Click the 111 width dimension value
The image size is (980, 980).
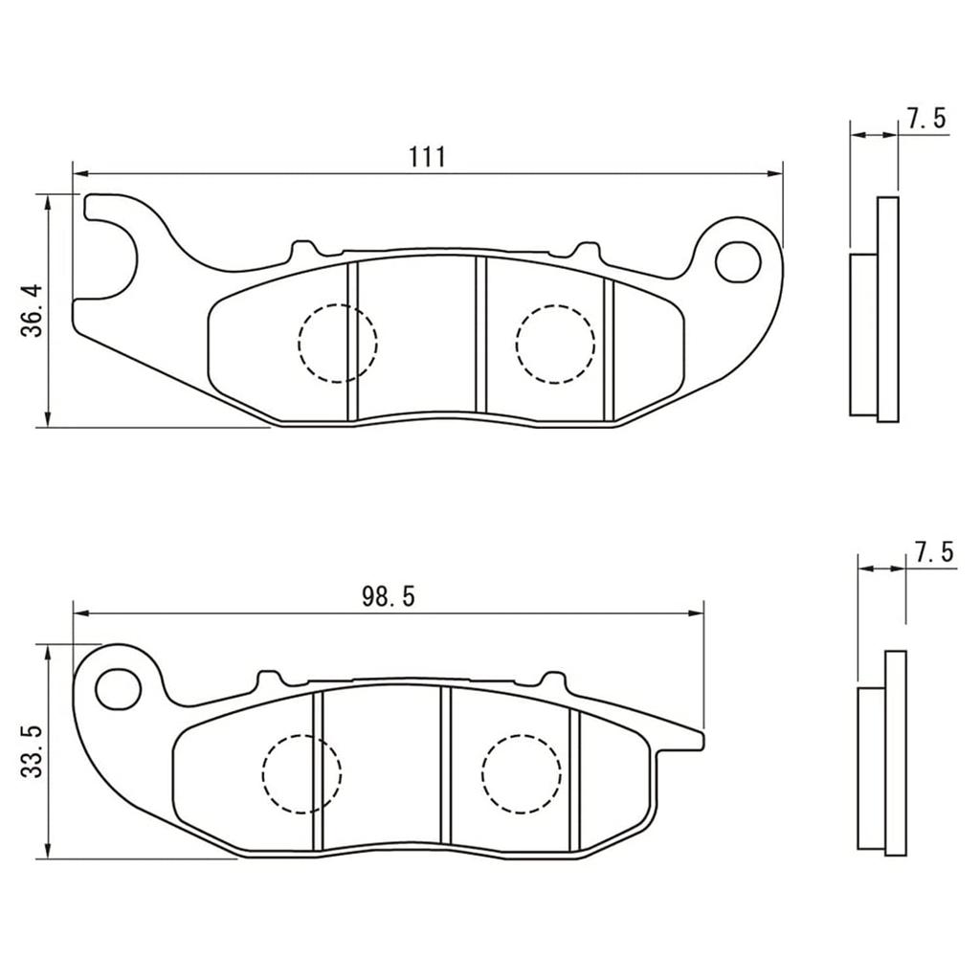[x=428, y=157]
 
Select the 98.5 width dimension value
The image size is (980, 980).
[x=388, y=597]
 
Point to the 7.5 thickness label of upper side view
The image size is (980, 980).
[x=925, y=119]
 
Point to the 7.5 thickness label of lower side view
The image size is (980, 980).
[x=933, y=552]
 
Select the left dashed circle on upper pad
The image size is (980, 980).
[x=337, y=343]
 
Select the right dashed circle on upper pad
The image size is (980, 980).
[x=554, y=343]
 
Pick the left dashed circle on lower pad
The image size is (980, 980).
[x=301, y=773]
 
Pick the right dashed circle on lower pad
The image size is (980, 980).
[x=521, y=773]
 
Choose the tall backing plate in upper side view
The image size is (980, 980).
[x=888, y=308]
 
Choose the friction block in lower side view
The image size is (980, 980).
[x=870, y=768]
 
